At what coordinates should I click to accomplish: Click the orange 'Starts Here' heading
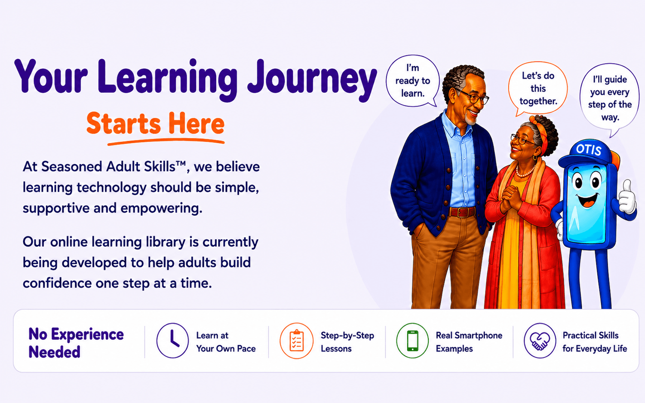coord(155,124)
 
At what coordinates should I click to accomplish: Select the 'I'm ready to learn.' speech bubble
coord(412,81)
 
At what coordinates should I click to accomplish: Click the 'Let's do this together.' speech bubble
coord(538,89)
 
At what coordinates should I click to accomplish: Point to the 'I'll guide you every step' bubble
coord(610,98)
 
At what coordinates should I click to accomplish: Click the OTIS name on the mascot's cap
coord(589,150)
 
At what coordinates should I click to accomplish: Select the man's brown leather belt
coord(462,212)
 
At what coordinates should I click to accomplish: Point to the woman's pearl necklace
coord(525,171)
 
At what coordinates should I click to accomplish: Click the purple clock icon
coord(172,341)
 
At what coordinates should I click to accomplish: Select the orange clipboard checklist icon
coord(297,341)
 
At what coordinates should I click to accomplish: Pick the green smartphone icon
coord(412,341)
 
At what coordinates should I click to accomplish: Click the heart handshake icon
coord(540,341)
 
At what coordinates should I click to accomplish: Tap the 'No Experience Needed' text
coord(76,343)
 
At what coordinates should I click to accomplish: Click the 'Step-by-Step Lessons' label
coord(347,342)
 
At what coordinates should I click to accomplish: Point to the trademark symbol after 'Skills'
coord(181,163)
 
